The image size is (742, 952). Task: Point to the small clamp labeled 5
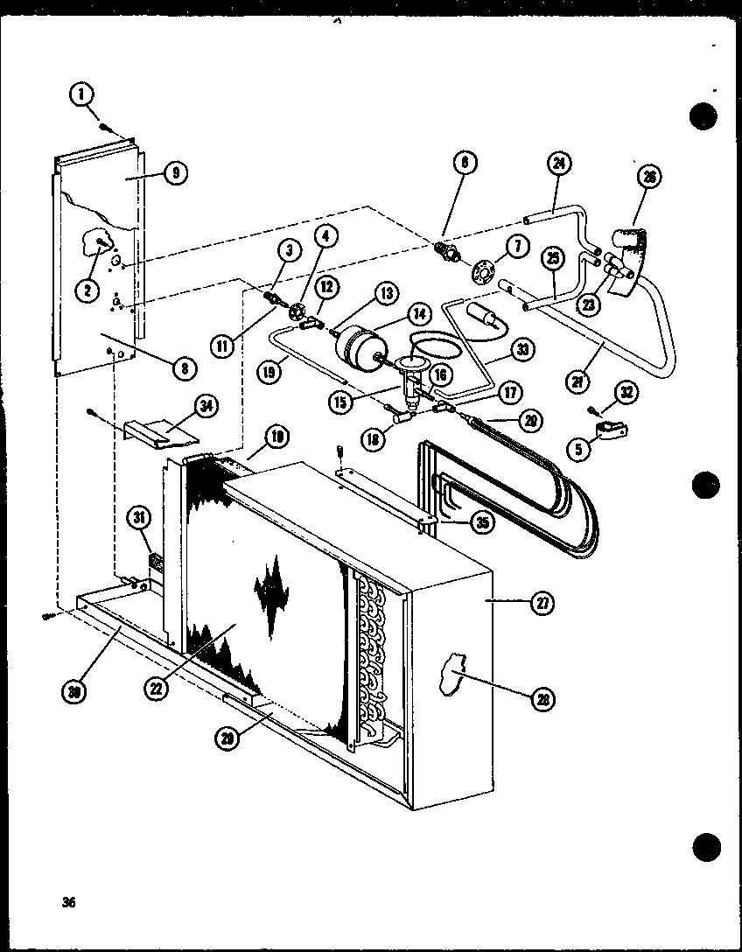point(601,431)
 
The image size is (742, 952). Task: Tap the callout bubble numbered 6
point(465,163)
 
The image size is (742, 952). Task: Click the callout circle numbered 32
point(626,393)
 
